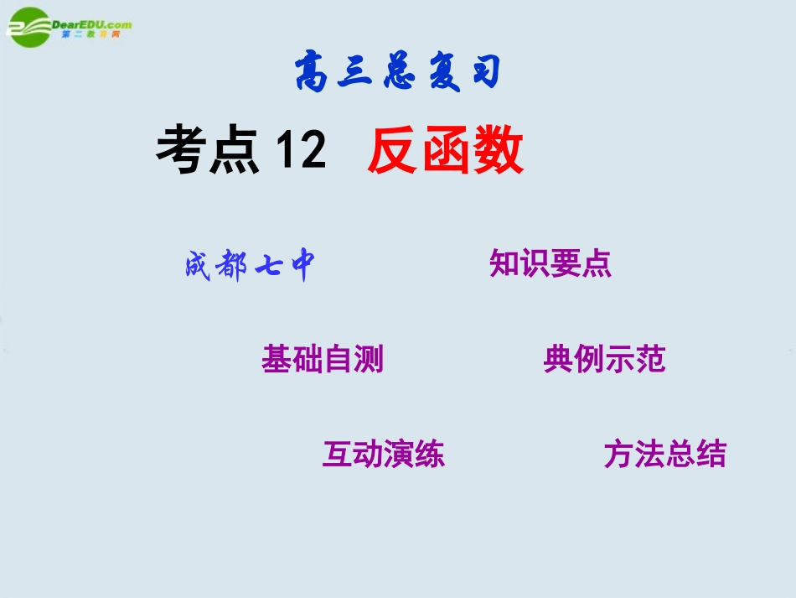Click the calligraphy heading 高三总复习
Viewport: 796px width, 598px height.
coord(397,74)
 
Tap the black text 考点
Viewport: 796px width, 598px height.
coord(207,151)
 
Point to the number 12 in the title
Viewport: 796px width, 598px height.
coord(301,152)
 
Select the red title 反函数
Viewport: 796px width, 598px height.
coord(445,152)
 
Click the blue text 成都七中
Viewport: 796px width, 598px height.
coord(251,267)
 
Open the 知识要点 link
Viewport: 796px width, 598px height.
coord(550,263)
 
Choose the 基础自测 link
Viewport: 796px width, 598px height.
coord(323,359)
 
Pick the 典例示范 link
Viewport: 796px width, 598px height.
coord(604,359)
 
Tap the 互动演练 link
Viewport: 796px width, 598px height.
coord(383,454)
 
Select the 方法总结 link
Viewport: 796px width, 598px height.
coord(664,454)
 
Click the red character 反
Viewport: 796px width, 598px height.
coord(392,152)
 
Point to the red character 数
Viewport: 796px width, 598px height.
coord(498,152)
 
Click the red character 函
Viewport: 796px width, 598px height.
coord(445,152)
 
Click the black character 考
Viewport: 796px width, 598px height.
coord(181,151)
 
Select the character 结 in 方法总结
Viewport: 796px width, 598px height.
coord(711,454)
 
